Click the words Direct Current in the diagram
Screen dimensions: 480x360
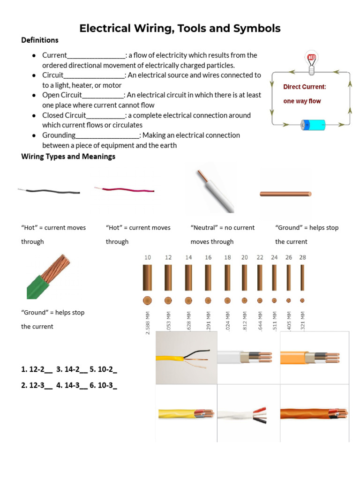(304, 87)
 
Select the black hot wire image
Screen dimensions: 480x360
(50, 191)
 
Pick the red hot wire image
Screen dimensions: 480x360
(125, 190)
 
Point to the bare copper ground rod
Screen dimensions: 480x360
(285, 193)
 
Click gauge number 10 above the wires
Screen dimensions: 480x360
(148, 257)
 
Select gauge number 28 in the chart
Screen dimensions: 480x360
(302, 257)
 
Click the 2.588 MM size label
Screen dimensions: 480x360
(148, 323)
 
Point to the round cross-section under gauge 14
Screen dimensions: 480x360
(188, 300)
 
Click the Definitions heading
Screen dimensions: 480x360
(40, 40)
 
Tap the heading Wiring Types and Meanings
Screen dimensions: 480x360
(68, 157)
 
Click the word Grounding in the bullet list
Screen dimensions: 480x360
(59, 135)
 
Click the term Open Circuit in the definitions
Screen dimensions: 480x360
(62, 95)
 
